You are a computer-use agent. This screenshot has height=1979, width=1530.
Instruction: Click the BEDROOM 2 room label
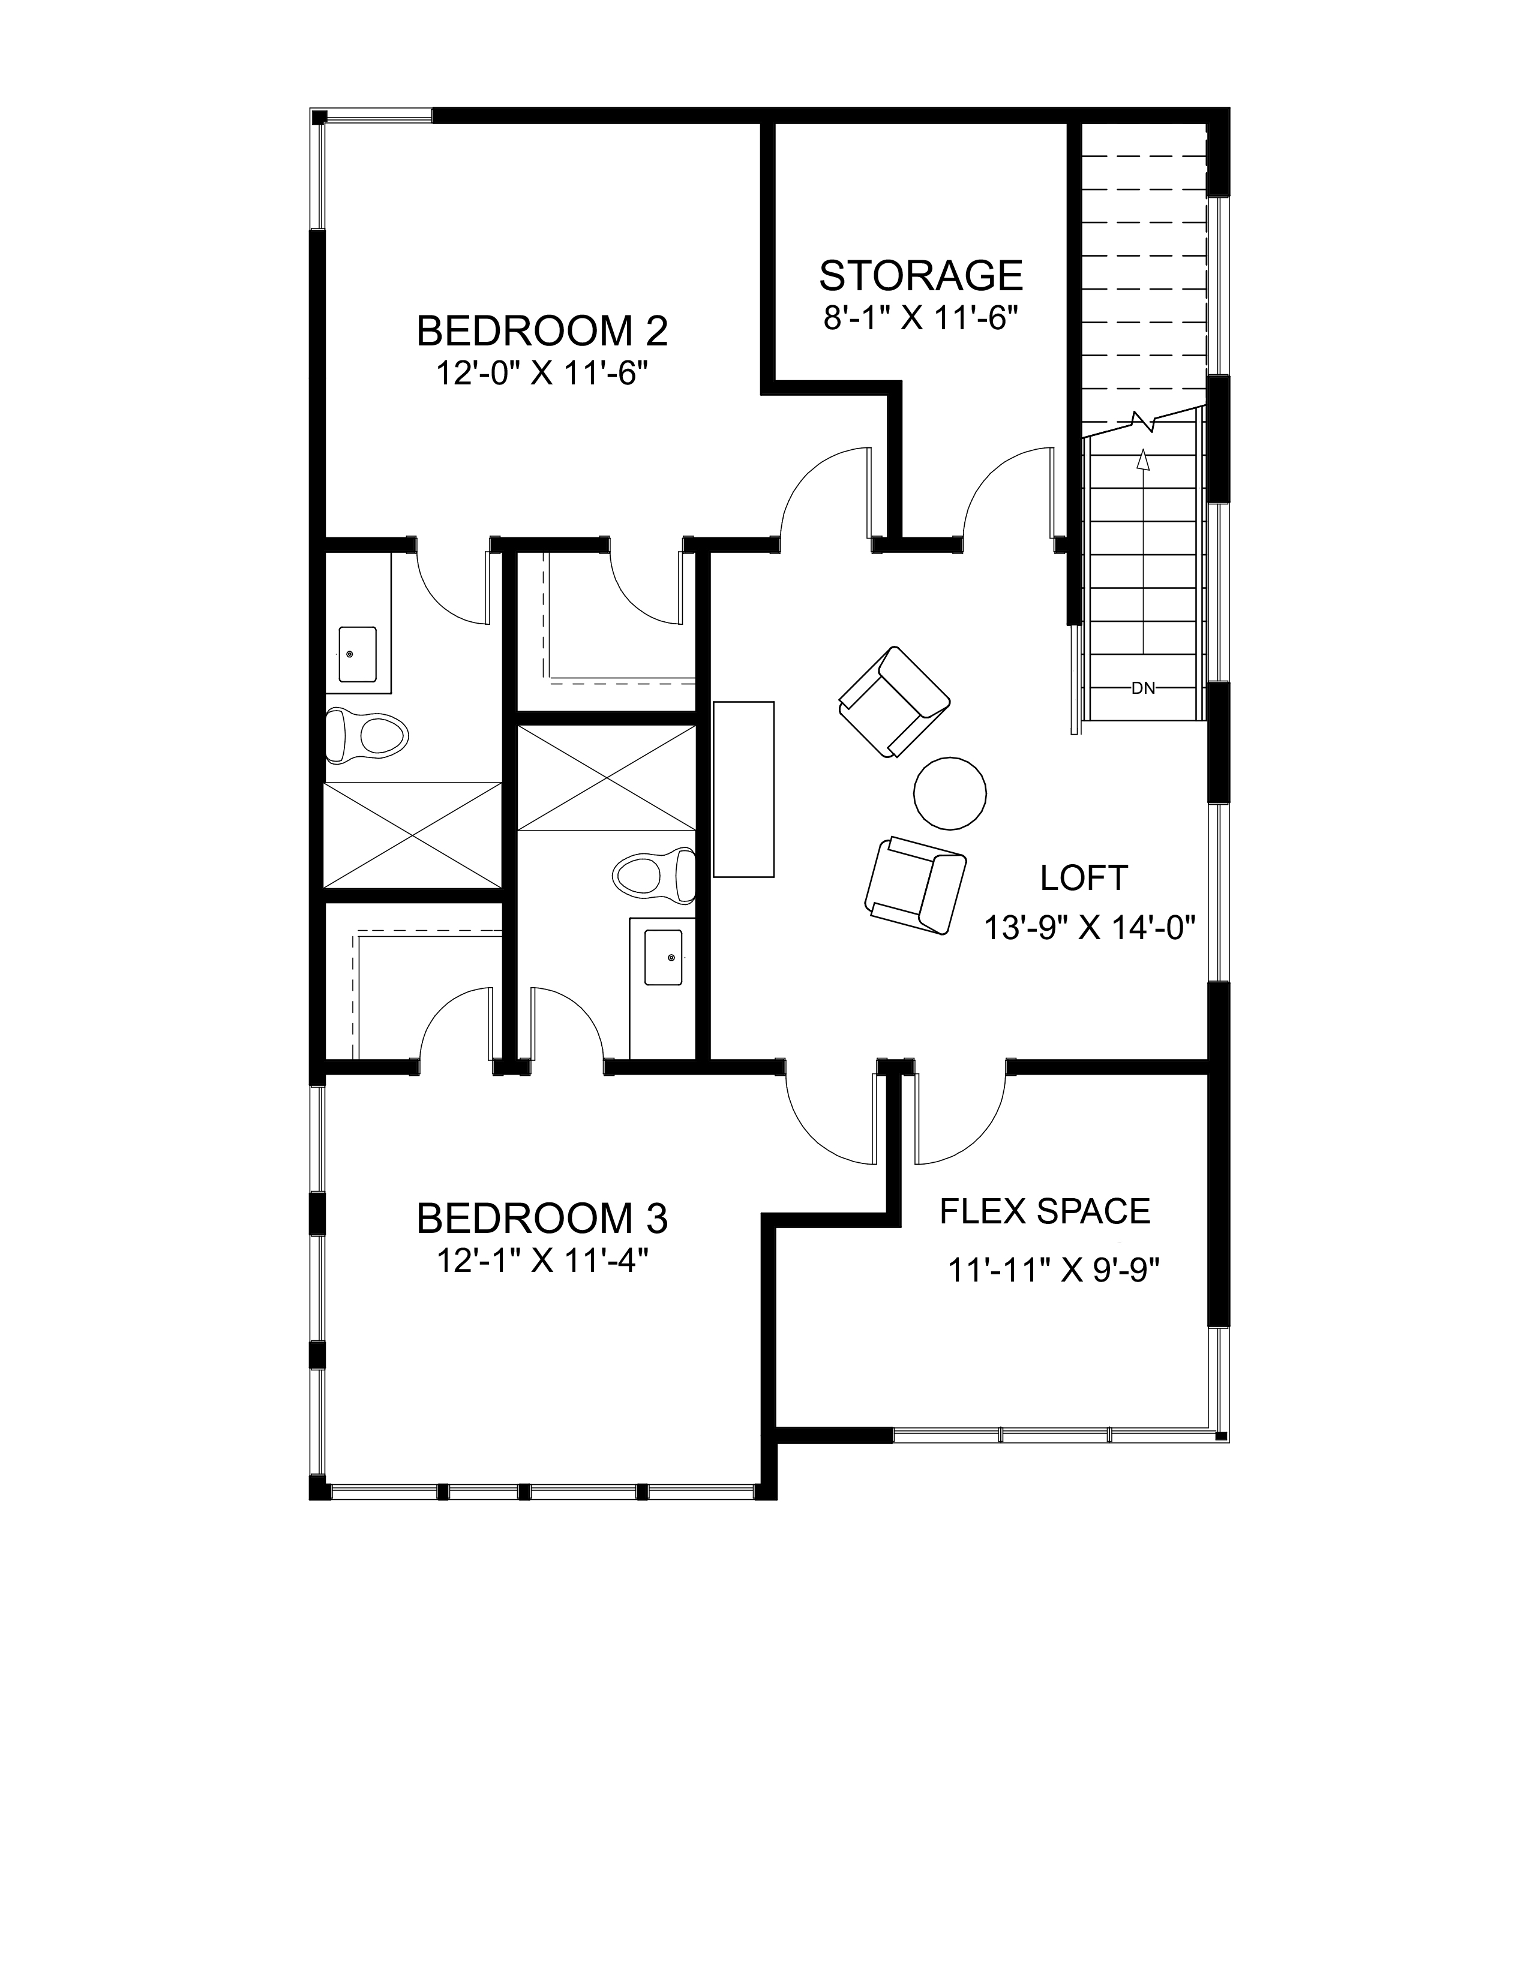[542, 332]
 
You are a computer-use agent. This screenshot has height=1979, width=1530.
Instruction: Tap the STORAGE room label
[921, 275]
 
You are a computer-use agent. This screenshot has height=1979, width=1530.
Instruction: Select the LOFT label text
[1084, 878]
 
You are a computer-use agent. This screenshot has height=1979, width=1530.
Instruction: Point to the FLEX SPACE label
[1045, 1211]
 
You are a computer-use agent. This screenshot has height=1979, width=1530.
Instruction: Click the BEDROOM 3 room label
[542, 1219]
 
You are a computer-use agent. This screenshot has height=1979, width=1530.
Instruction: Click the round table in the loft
[950, 793]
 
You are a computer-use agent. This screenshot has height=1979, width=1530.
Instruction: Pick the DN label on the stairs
[1143, 688]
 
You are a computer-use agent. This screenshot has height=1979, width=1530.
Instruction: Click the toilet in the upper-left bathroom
[367, 733]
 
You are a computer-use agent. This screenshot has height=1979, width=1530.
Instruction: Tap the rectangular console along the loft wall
[744, 789]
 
